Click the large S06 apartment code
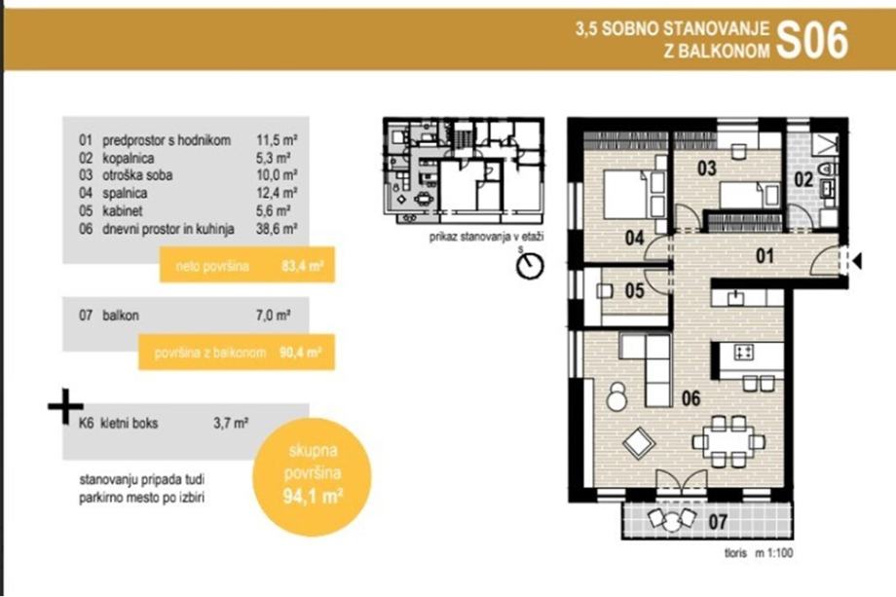812,41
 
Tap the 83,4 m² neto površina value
303,266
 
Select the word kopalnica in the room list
128,158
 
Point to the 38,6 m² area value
277,229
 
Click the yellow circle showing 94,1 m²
312,477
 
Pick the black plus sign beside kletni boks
65,406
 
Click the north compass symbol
530,266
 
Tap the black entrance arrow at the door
857,262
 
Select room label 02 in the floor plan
803,179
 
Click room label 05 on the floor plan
634,291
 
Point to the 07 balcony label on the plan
718,522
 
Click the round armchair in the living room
617,396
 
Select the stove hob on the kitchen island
743,352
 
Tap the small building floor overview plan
464,170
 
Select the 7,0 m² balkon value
273,316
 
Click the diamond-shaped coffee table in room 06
639,443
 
